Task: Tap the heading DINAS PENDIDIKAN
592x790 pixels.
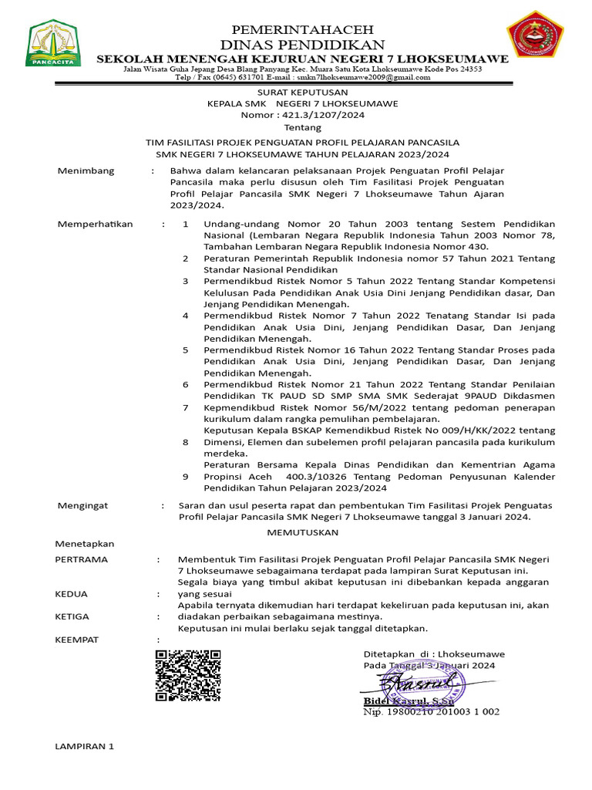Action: point(302,44)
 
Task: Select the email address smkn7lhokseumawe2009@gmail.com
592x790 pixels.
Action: point(364,78)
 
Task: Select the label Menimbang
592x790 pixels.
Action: point(86,170)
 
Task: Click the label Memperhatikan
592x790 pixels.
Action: point(96,224)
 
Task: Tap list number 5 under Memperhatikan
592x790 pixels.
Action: point(185,349)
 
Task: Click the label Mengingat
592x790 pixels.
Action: point(83,505)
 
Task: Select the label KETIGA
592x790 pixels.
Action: point(72,616)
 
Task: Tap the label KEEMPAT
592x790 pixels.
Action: point(77,640)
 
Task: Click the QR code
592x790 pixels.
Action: point(188,675)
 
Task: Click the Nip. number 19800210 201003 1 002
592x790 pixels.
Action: point(431,712)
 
